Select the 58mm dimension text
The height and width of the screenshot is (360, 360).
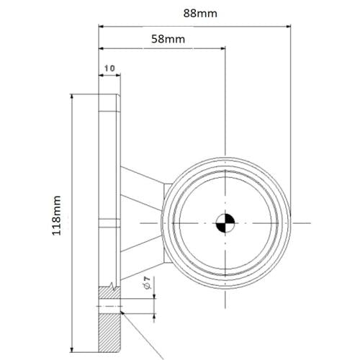coord(168,39)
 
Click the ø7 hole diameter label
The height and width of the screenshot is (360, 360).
coord(147,286)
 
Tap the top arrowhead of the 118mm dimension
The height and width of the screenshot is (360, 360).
coord(73,97)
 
